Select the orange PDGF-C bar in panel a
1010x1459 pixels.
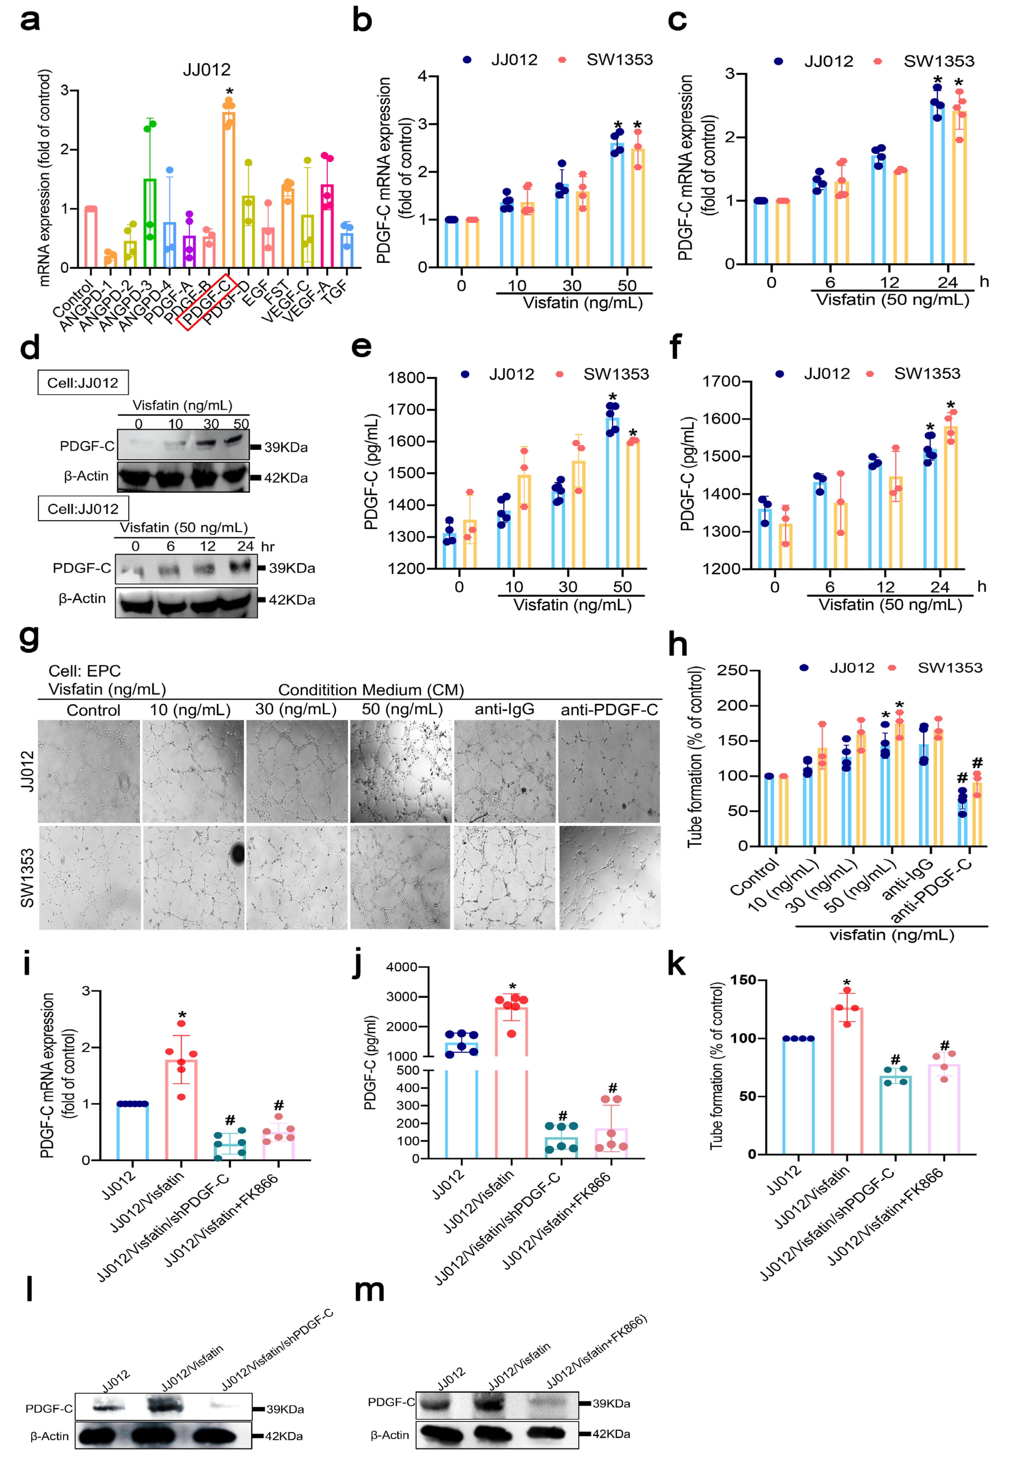click(x=228, y=190)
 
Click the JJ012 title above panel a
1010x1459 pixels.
click(x=207, y=70)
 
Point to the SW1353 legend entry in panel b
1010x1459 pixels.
click(x=619, y=60)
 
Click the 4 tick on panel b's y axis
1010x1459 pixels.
click(x=423, y=77)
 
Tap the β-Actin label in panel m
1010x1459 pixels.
click(x=390, y=1435)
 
